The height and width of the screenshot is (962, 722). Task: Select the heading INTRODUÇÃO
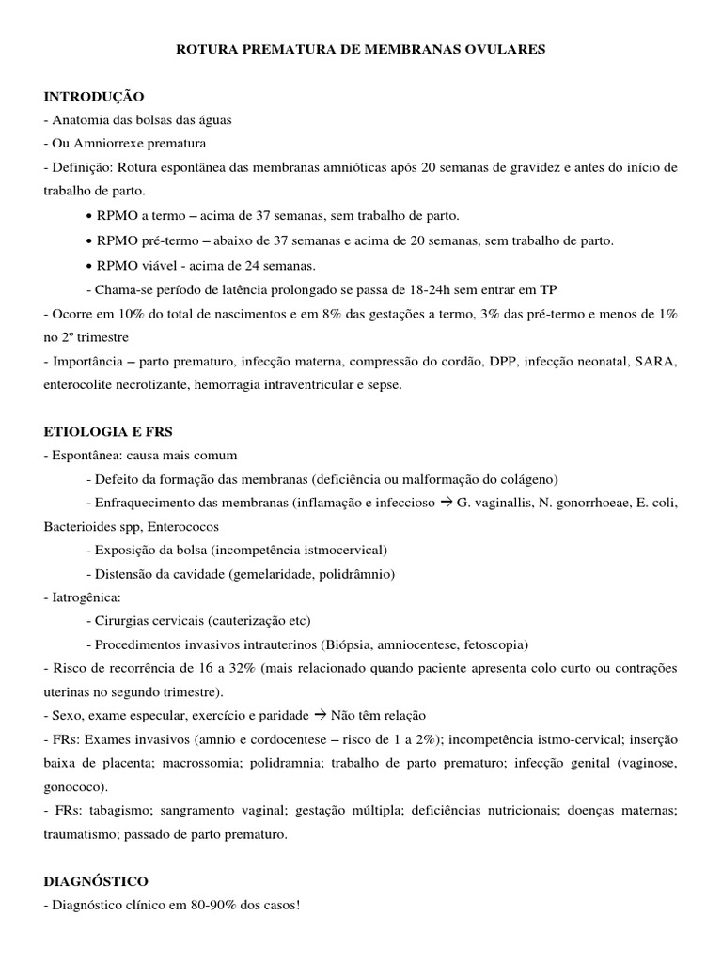[93, 96]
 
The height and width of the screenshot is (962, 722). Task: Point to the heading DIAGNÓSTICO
[95, 882]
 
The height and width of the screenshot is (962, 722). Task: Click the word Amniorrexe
[106, 144]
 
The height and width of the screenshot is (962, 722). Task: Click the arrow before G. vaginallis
[444, 503]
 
